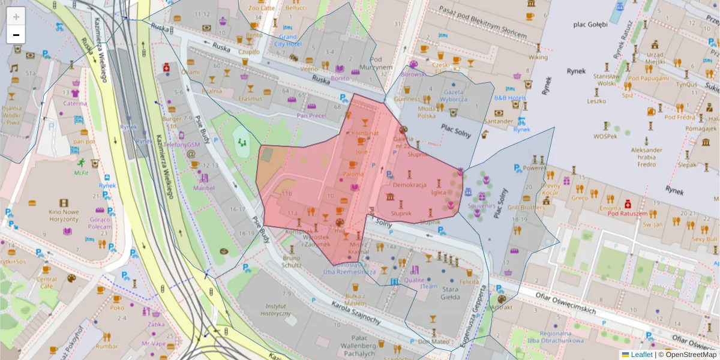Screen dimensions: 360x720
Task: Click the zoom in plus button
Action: pos(16,17)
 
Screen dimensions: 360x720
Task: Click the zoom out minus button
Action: pos(16,35)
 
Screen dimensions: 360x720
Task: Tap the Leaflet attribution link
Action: pos(641,355)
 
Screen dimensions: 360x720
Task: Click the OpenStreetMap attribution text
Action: pos(688,355)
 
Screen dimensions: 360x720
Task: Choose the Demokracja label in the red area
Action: pos(409,185)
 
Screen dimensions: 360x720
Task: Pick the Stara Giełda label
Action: pos(450,293)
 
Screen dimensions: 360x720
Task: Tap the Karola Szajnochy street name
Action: pos(356,313)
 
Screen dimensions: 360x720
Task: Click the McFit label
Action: pos(81,173)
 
